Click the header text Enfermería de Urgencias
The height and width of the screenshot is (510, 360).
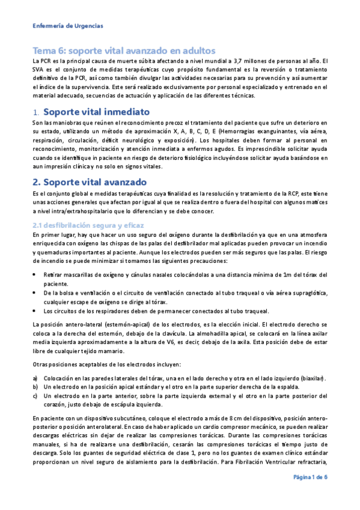pyautogui.click(x=67, y=26)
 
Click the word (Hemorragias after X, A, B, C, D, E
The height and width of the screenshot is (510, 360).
pyautogui.click(x=240, y=131)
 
